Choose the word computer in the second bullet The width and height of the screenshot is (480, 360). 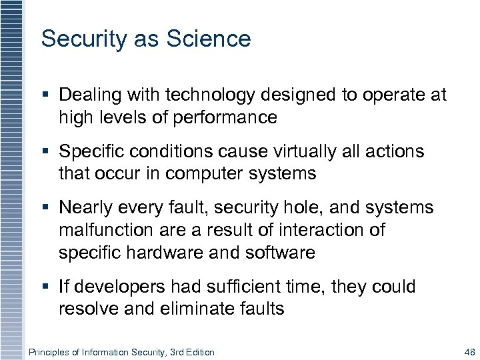click(x=194, y=175)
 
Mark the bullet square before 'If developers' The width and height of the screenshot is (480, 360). click(x=45, y=287)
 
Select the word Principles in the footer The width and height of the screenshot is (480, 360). click(x=51, y=351)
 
